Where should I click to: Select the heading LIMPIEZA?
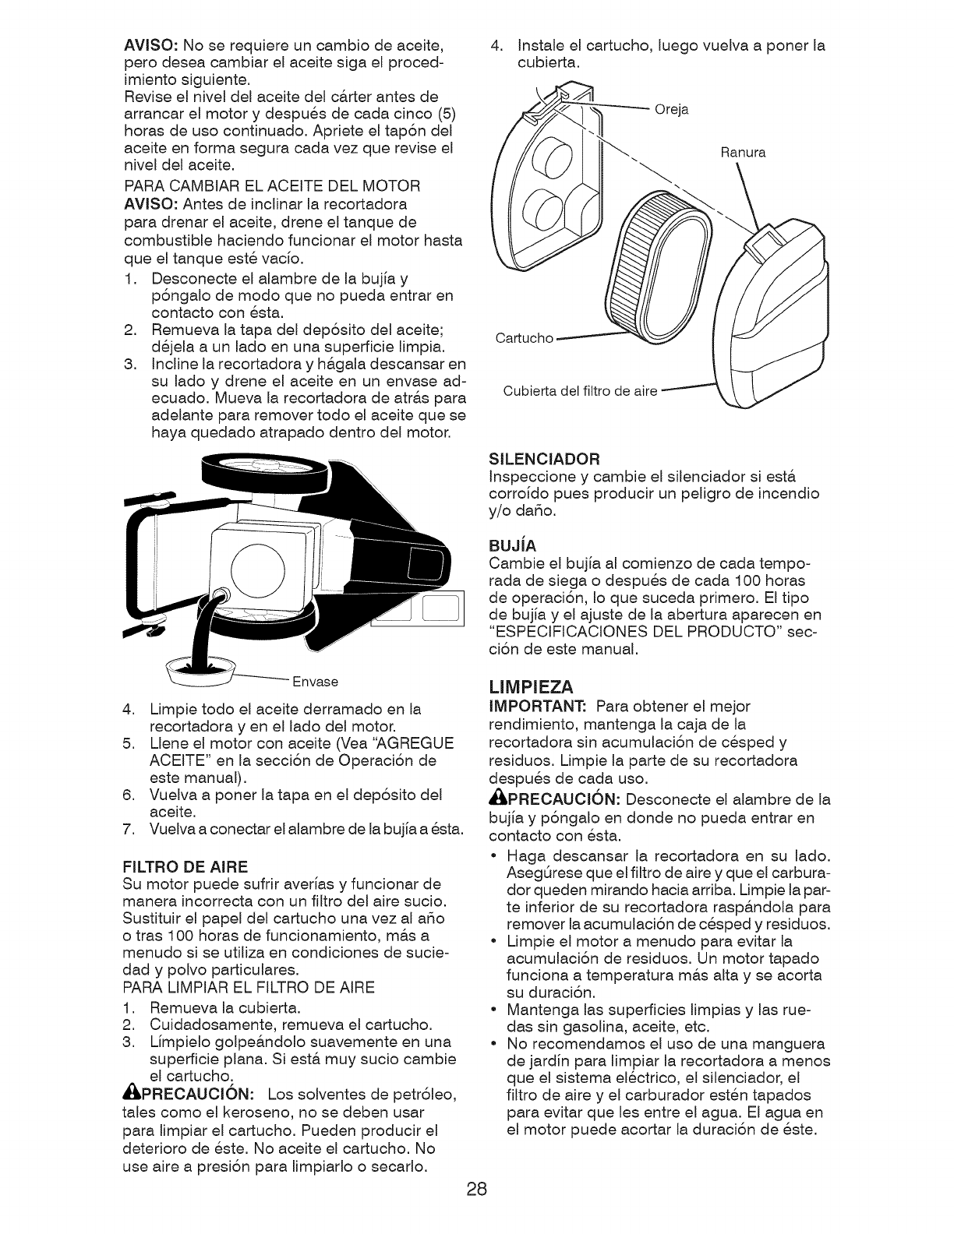click(531, 686)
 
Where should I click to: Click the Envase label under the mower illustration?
click(314, 682)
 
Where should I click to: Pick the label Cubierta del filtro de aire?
click(581, 391)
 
